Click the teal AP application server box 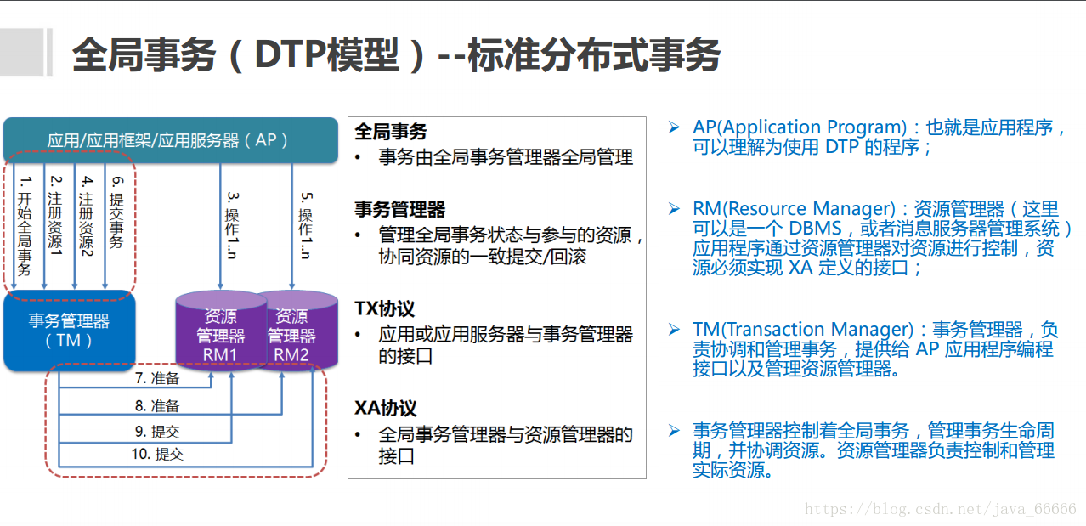[170, 139]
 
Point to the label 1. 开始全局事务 [25, 226]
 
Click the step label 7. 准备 [157, 379]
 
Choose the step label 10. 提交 [157, 454]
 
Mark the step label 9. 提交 [157, 431]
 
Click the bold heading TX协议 [385, 308]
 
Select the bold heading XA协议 [386, 409]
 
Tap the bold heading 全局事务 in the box [390, 132]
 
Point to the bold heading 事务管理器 [399, 209]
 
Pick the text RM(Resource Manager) [795, 209]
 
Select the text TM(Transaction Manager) [803, 329]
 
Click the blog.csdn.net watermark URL [940, 509]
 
